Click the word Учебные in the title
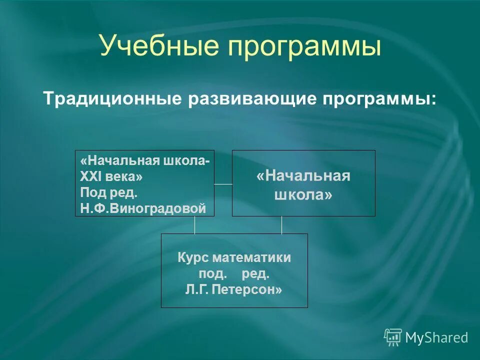point(159,45)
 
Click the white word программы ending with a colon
point(379,98)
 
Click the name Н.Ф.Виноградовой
point(142,208)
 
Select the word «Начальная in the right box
point(303,176)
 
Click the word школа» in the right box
point(303,194)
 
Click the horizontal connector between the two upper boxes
point(223,184)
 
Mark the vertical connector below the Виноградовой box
point(194,224)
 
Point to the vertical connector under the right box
point(281,224)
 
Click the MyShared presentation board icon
point(393,337)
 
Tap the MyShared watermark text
point(436,338)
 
